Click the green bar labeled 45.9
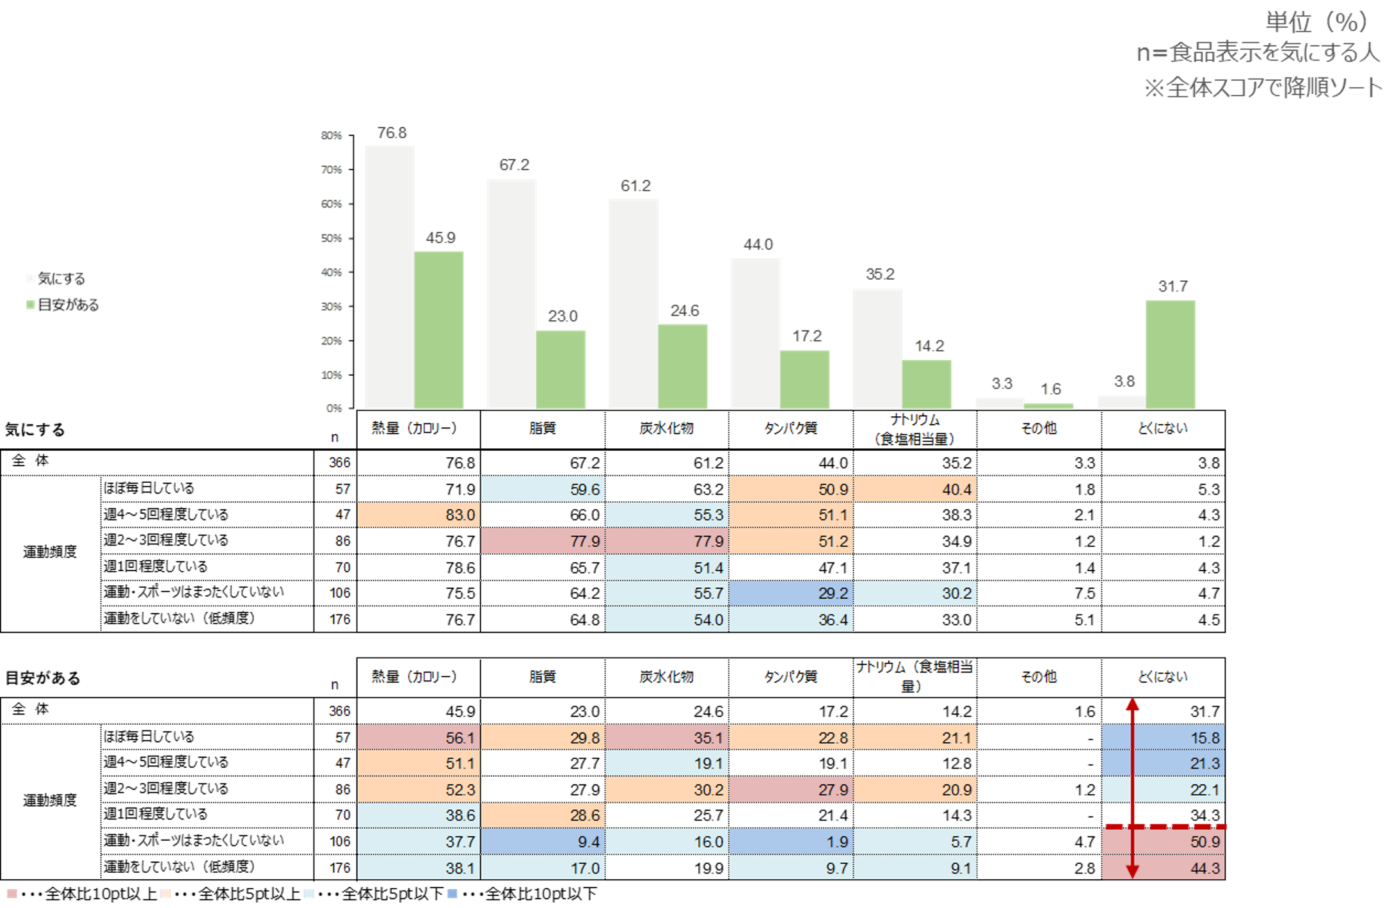click(x=439, y=329)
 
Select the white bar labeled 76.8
click(x=390, y=277)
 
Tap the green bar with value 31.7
click(x=1171, y=354)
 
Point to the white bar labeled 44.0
click(x=755, y=333)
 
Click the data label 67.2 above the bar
click(x=514, y=165)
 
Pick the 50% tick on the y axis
click(x=331, y=238)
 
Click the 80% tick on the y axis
click(x=331, y=135)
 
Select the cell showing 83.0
click(x=419, y=515)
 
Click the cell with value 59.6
click(x=543, y=489)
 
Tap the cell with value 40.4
click(x=915, y=489)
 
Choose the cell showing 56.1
click(x=419, y=738)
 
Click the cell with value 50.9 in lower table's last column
click(x=1163, y=841)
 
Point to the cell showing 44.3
click(x=1163, y=868)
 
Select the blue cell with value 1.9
click(x=791, y=841)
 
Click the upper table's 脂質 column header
click(x=543, y=428)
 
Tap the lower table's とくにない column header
click(x=1163, y=677)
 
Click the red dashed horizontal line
click(x=1165, y=827)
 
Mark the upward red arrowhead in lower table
click(x=1132, y=704)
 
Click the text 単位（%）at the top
click(x=1316, y=22)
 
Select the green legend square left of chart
click(x=31, y=305)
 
